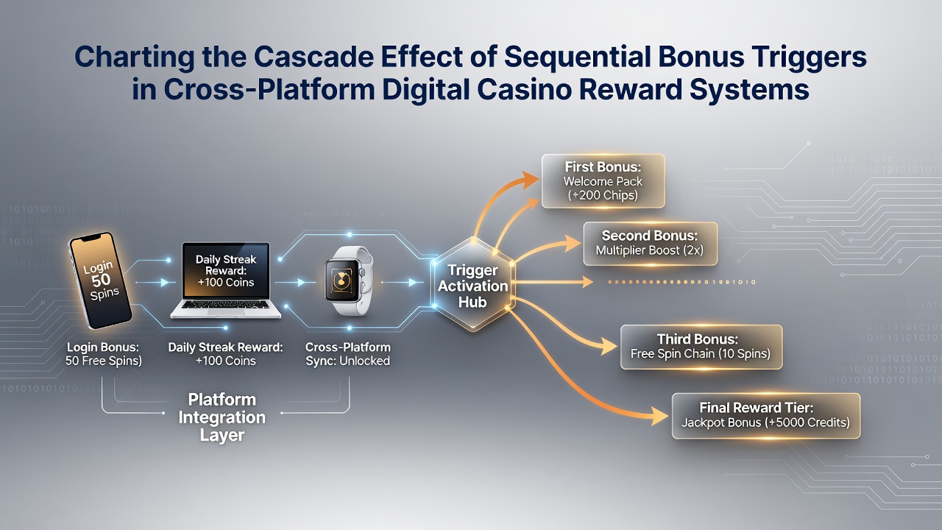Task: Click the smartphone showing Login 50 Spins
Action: coord(100,280)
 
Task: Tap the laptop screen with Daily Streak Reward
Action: coord(226,271)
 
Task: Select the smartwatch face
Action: coord(341,280)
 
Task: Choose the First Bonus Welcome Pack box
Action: coord(603,181)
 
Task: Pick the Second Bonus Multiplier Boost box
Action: coord(650,244)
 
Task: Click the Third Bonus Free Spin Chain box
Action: coord(701,347)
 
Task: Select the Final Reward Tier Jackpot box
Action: coord(766,416)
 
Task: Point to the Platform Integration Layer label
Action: coord(222,417)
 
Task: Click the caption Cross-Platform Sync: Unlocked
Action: coord(348,354)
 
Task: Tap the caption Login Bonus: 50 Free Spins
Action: coord(104,354)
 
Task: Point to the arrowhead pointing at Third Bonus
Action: coord(609,346)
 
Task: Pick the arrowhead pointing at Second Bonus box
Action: coord(573,244)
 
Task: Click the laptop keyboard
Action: coord(225,305)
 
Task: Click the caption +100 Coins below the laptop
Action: coord(226,361)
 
